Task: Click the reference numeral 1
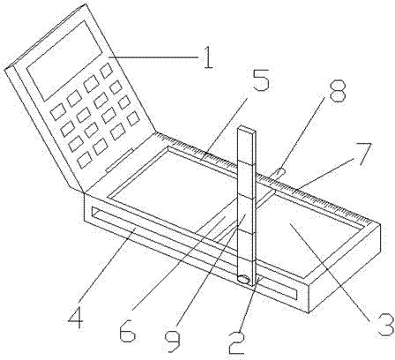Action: click(208, 57)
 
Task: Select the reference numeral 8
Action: click(338, 90)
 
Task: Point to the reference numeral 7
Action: click(363, 154)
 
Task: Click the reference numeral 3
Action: click(386, 325)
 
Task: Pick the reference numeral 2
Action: click(237, 342)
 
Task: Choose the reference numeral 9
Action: click(172, 341)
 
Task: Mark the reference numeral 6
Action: click(128, 331)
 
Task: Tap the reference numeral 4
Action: click(76, 318)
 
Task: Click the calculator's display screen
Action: click(64, 61)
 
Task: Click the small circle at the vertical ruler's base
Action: click(243, 279)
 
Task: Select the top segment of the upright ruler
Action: click(246, 145)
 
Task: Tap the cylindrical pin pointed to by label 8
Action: click(277, 174)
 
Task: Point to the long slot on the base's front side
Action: click(194, 253)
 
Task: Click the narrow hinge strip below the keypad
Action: click(120, 161)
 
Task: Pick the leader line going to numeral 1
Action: click(153, 56)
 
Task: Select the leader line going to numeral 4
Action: click(107, 268)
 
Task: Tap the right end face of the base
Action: click(345, 268)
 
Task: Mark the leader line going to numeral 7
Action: click(327, 172)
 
